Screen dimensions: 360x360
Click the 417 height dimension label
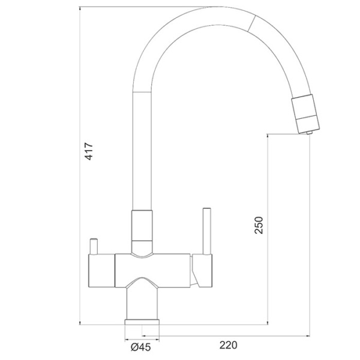coord(89,151)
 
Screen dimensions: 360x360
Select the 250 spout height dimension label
coord(259,225)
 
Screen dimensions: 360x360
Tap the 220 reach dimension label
coord(228,345)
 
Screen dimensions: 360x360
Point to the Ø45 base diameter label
coord(141,347)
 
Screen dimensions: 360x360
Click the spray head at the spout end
coord(305,113)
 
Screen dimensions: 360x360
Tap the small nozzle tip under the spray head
coord(310,132)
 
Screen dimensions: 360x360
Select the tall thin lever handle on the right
coord(207,231)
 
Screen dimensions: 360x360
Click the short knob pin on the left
coord(94,247)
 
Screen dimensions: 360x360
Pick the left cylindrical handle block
coord(101,271)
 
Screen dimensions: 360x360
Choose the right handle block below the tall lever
coord(203,271)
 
